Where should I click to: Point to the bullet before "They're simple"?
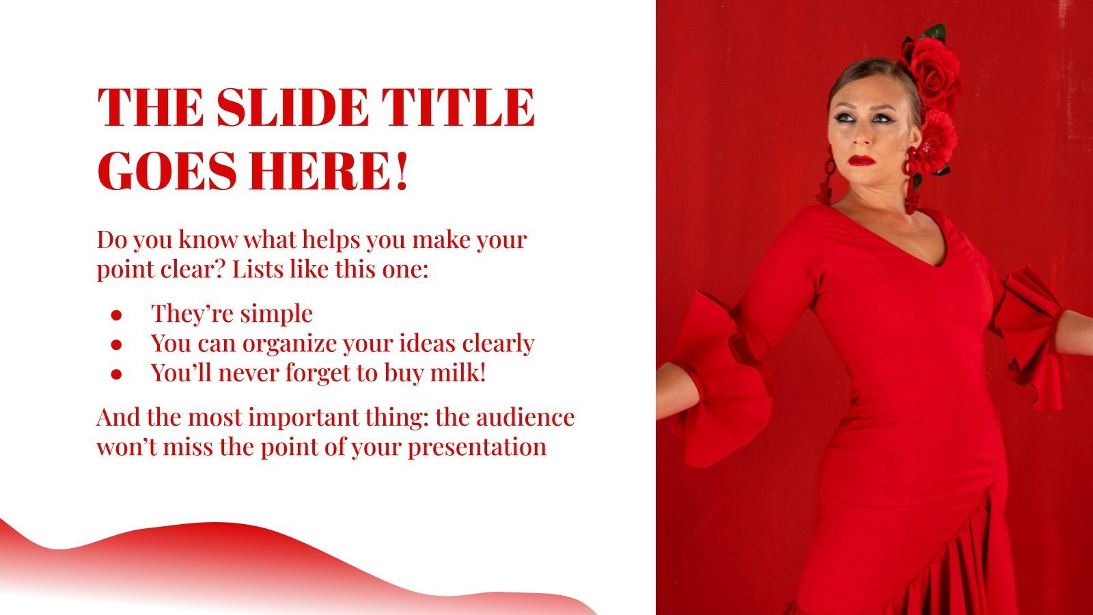[x=116, y=315]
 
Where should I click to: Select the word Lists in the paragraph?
[x=258, y=269]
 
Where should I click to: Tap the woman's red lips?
[x=862, y=161]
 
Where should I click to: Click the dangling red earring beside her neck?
[x=911, y=181]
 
